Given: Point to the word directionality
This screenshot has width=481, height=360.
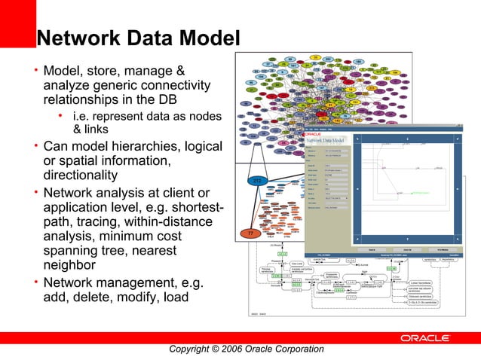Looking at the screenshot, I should point(81,175).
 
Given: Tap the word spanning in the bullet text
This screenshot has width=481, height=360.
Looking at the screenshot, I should point(73,251).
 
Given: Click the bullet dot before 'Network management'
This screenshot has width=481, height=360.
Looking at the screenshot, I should point(35,281).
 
